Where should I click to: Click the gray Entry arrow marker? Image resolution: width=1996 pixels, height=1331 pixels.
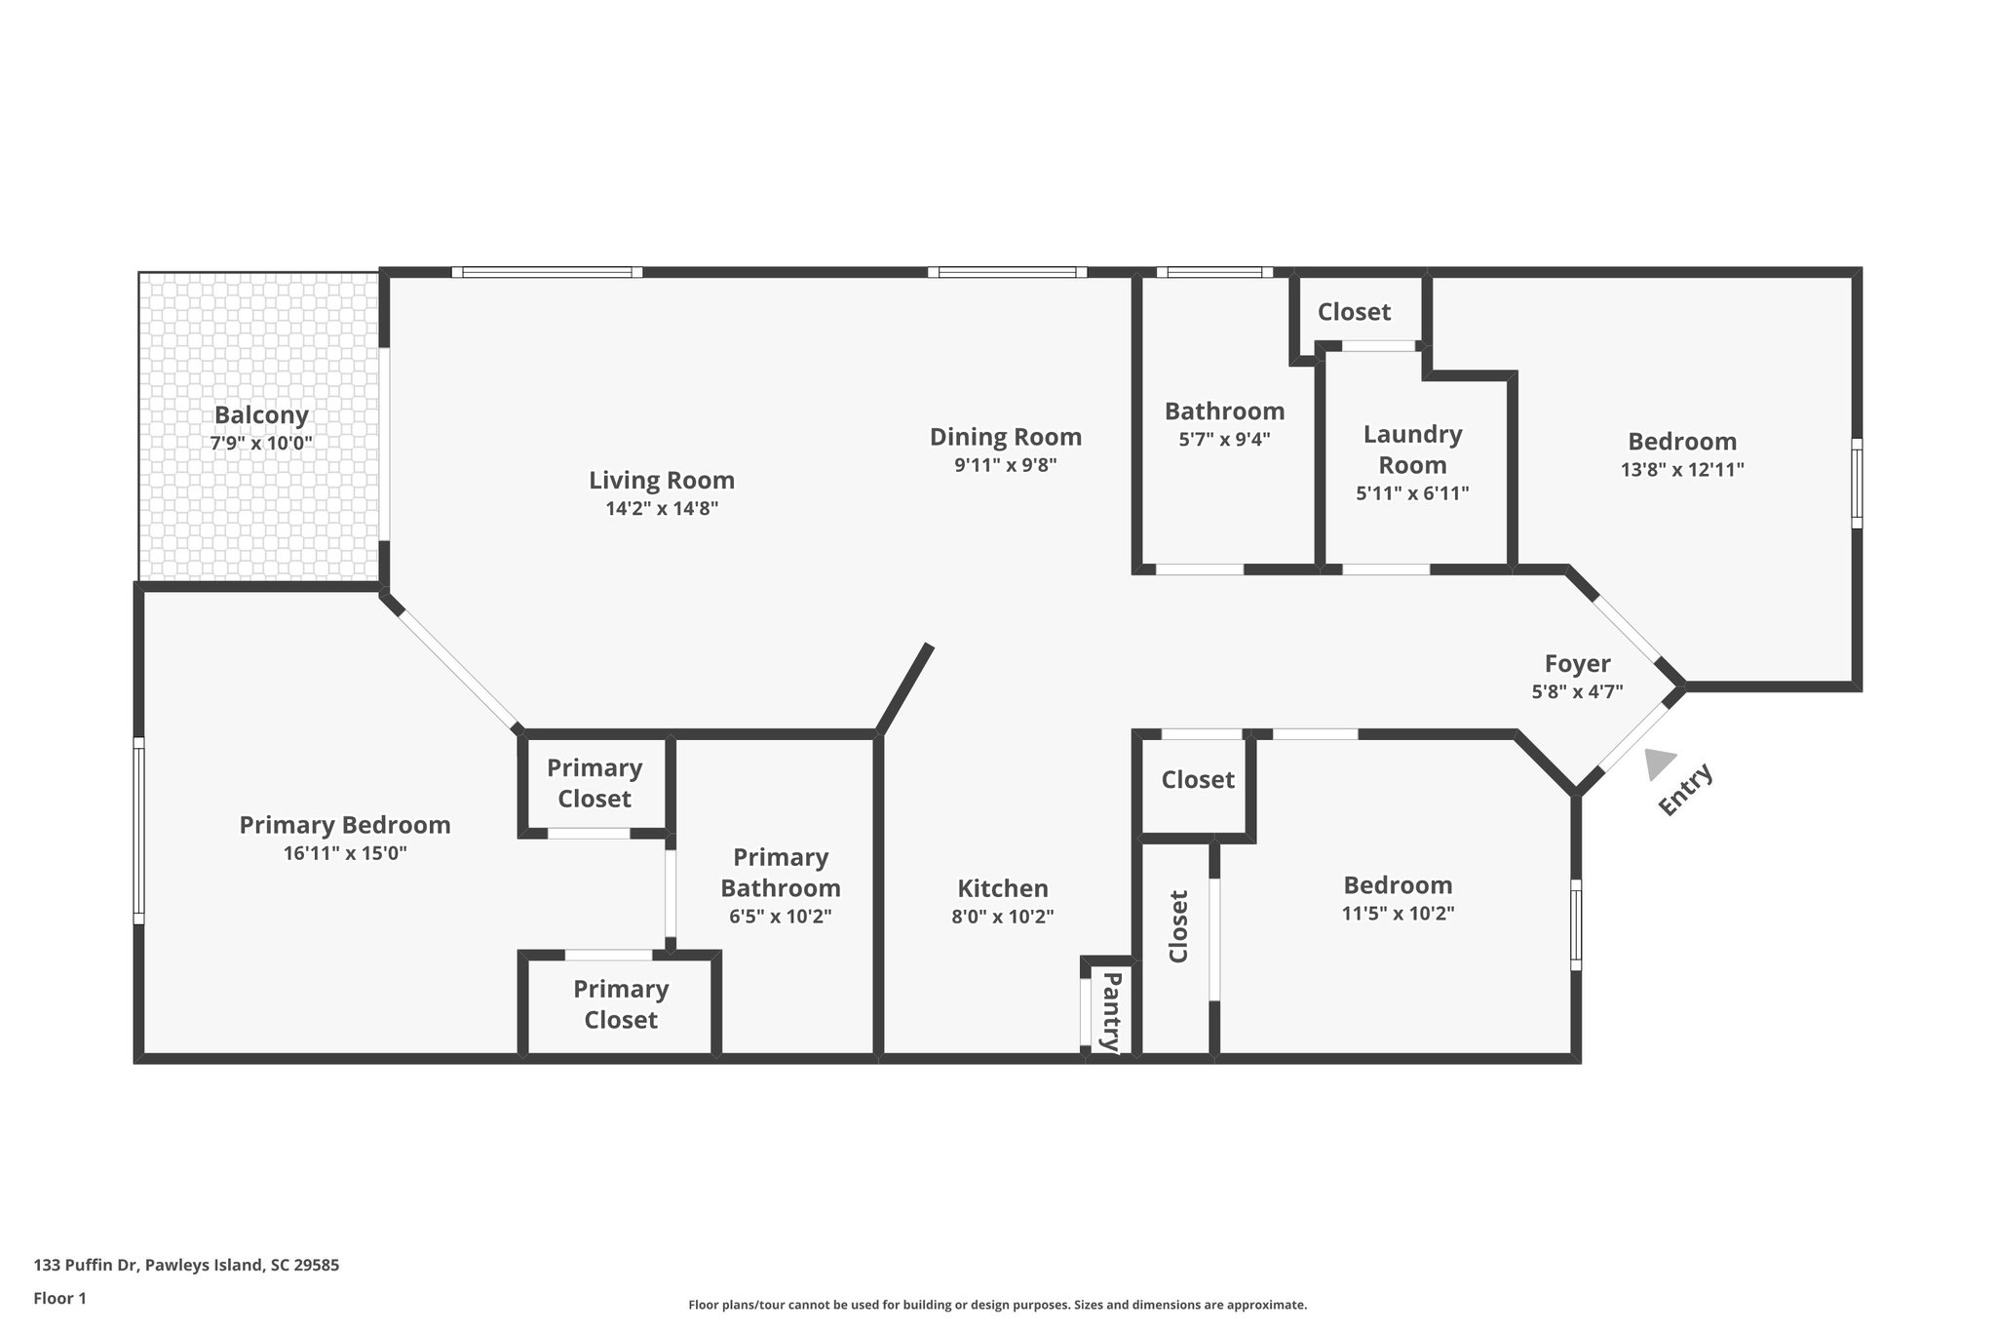pyautogui.click(x=1659, y=763)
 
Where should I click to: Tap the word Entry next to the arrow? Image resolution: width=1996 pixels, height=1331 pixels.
pyautogui.click(x=1685, y=789)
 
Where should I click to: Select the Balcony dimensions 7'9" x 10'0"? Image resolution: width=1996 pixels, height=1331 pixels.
pyautogui.click(x=261, y=443)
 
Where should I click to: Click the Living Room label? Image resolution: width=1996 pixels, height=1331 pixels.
pyautogui.click(x=661, y=480)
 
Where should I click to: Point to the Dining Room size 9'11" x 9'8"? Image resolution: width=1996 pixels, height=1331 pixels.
pyautogui.click(x=1005, y=465)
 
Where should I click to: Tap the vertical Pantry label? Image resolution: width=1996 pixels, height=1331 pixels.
pyautogui.click(x=1111, y=1011)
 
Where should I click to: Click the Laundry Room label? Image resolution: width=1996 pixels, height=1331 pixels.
pyautogui.click(x=1412, y=450)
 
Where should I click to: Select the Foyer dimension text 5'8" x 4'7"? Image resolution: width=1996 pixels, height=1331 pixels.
pyautogui.click(x=1577, y=691)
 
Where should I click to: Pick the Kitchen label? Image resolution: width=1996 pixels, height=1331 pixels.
pyautogui.click(x=1003, y=888)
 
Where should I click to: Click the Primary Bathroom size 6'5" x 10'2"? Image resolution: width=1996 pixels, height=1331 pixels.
pyautogui.click(x=780, y=917)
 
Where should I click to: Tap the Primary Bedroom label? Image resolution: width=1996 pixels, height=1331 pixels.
pyautogui.click(x=345, y=825)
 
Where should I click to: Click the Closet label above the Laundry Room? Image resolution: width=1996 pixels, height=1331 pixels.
pyautogui.click(x=1354, y=312)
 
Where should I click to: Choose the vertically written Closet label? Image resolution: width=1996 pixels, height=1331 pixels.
pyautogui.click(x=1178, y=926)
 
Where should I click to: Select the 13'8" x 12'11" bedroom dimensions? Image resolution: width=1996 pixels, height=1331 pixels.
pyautogui.click(x=1682, y=469)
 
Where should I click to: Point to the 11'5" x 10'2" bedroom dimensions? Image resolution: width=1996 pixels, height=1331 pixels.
pyautogui.click(x=1398, y=914)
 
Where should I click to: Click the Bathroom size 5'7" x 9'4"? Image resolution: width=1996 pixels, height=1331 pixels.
pyautogui.click(x=1224, y=439)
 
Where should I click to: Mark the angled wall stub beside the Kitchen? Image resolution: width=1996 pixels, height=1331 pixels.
pyautogui.click(x=904, y=688)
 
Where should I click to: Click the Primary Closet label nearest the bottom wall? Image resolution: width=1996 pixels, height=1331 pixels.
pyautogui.click(x=621, y=1004)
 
